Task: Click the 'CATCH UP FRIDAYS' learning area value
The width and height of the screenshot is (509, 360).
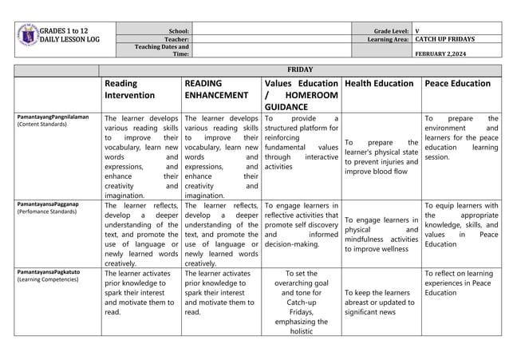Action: coord(445,38)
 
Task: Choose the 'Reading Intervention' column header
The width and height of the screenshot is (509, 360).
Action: coord(133,90)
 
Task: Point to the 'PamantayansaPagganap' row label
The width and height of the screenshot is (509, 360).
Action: coord(49,205)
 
